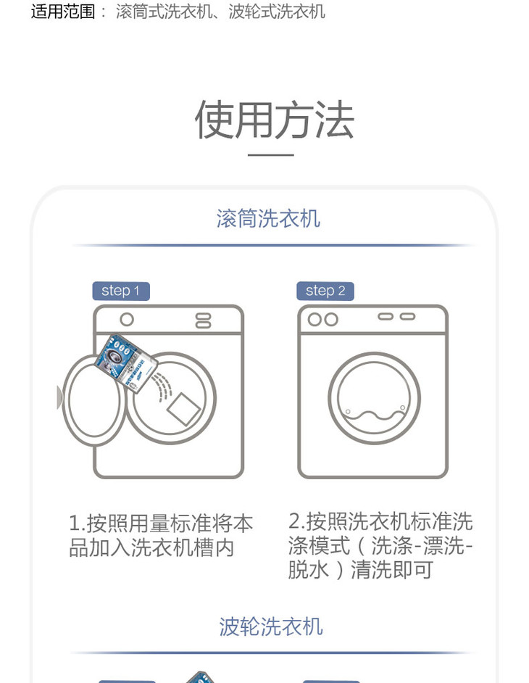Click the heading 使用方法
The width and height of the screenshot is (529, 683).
[x=275, y=120]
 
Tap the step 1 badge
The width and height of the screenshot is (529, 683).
[x=121, y=291]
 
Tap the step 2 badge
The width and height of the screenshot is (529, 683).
[x=325, y=291]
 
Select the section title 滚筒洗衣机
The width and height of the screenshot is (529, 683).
[x=268, y=218]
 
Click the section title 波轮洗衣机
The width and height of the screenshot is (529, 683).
[x=271, y=627]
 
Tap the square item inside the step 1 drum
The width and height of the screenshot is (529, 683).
[x=184, y=409]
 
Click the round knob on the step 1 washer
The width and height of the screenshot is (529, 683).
[x=127, y=320]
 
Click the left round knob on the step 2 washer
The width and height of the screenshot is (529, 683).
[x=315, y=320]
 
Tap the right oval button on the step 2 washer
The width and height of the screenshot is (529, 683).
[x=407, y=317]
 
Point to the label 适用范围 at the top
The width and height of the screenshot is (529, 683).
[x=63, y=12]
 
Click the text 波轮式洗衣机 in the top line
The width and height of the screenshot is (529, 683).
[x=277, y=12]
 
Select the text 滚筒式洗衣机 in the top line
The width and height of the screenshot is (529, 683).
[x=164, y=12]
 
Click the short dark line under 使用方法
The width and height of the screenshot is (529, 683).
[x=271, y=154]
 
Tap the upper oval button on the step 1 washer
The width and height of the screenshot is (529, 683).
[x=204, y=316]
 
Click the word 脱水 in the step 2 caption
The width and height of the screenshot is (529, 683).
[x=308, y=569]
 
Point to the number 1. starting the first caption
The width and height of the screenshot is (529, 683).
[x=77, y=523]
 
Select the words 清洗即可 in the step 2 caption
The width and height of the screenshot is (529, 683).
[x=392, y=569]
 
